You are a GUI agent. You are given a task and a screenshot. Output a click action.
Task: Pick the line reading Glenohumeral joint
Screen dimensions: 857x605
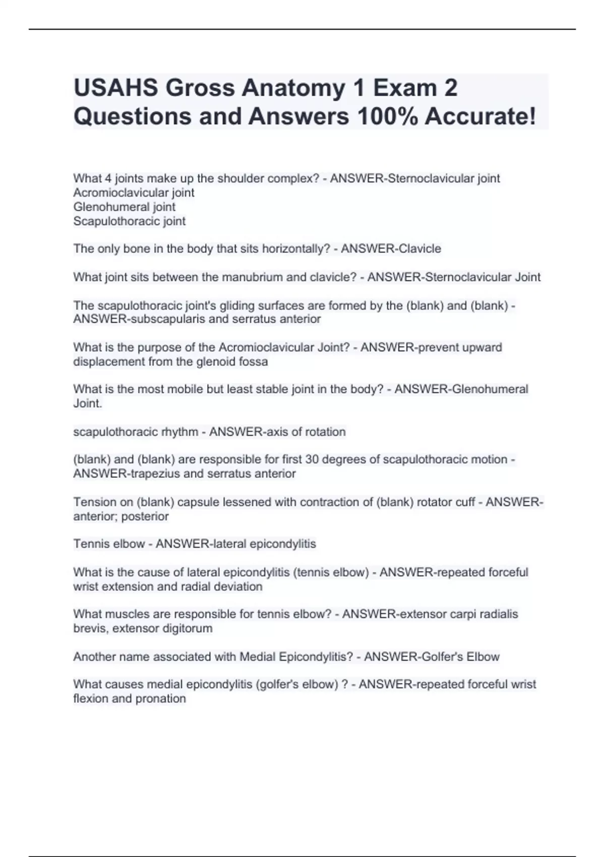(x=124, y=207)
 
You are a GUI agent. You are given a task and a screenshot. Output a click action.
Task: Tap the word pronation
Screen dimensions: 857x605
(x=160, y=699)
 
